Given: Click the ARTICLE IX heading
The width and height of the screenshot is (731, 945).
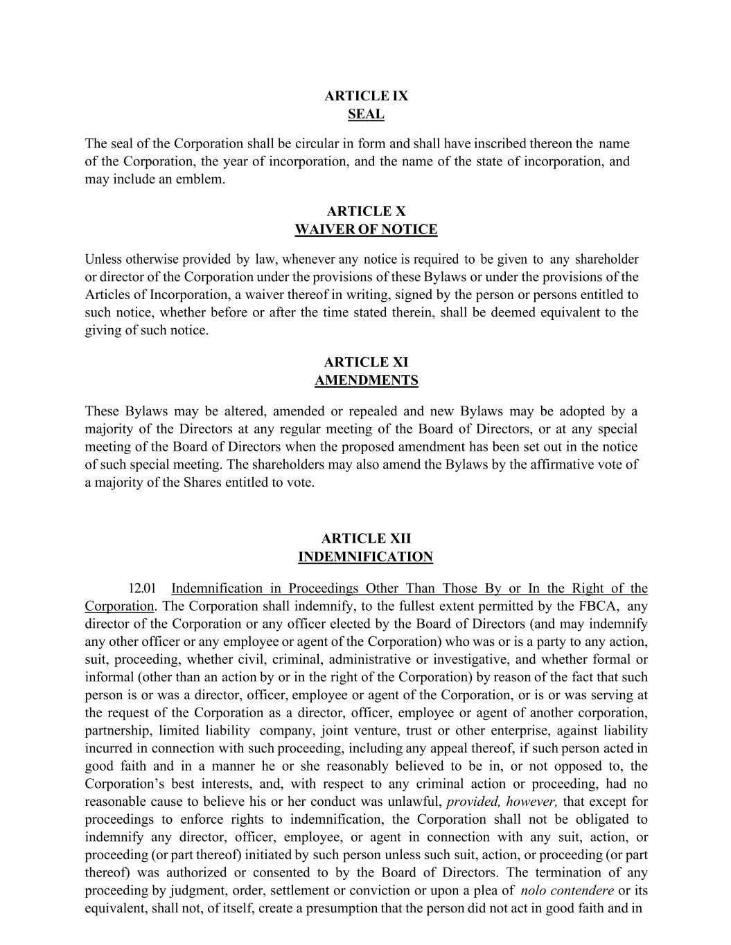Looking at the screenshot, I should point(366,96).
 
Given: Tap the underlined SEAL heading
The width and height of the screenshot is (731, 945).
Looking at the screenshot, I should point(366,114).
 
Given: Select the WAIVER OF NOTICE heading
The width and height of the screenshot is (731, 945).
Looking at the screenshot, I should point(366,230).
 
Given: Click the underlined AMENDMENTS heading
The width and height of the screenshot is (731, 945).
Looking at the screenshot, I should point(366,381).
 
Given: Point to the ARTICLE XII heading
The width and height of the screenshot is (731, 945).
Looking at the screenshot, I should point(366,539).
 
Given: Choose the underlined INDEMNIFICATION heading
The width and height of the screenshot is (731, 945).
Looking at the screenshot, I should point(365,557).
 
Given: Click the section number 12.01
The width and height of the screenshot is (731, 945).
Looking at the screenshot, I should point(142,589).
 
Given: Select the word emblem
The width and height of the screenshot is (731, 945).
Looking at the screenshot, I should point(203,179).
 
